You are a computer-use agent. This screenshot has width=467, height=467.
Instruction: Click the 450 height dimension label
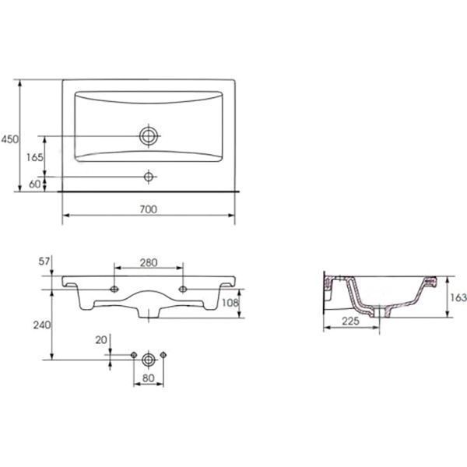point(9,139)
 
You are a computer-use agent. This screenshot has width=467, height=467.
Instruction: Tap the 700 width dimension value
point(149,209)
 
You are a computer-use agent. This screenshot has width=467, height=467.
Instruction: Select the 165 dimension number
point(34,157)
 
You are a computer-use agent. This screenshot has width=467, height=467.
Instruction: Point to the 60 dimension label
point(34,184)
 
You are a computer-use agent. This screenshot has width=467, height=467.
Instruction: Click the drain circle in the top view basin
point(149,135)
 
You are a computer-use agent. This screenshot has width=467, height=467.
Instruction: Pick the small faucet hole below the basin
point(149,177)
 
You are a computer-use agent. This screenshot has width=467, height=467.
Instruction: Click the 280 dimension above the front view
point(149,263)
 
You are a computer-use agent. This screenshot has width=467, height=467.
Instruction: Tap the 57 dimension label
point(44,262)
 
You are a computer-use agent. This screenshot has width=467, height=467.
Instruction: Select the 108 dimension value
point(230,303)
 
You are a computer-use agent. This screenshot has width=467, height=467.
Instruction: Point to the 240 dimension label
point(42,325)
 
